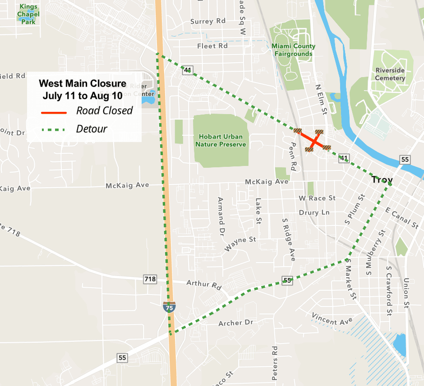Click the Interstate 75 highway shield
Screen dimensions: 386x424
169,308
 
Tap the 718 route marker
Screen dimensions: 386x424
150,279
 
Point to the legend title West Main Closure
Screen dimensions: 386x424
82,83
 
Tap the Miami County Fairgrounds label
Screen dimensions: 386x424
294,50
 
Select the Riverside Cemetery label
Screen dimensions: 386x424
390,74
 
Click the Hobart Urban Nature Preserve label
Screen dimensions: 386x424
221,140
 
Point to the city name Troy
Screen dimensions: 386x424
382,180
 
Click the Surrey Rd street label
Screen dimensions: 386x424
208,21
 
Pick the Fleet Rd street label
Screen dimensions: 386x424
212,46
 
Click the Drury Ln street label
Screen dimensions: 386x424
314,212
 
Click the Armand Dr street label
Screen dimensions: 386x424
221,211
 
